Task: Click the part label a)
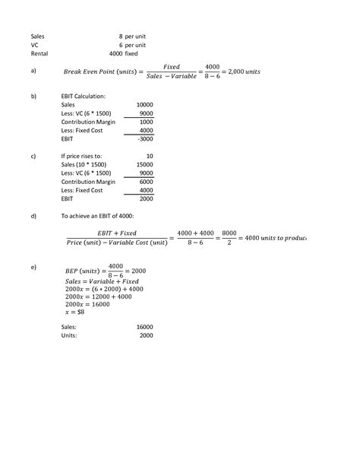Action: click(x=33, y=72)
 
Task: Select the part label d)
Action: click(x=33, y=216)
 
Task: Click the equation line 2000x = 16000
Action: click(x=88, y=304)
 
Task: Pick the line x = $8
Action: click(x=75, y=312)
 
